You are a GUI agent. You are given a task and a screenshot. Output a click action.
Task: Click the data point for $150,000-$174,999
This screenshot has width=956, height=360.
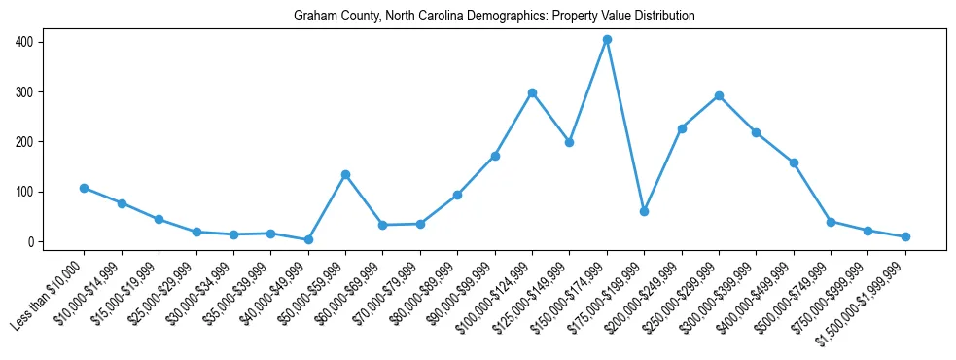pyautogui.click(x=607, y=40)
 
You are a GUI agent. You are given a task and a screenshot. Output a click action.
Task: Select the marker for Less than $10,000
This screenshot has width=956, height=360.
pyautogui.click(x=85, y=188)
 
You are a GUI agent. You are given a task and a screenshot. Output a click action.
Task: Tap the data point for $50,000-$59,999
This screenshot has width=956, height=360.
pyautogui.click(x=345, y=174)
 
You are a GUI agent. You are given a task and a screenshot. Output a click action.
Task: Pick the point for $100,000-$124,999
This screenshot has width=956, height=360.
pyautogui.click(x=532, y=92)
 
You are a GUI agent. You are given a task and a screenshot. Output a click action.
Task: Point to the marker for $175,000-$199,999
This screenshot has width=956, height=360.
pyautogui.click(x=644, y=211)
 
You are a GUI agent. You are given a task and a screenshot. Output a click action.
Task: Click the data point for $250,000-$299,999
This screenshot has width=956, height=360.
pyautogui.click(x=719, y=95)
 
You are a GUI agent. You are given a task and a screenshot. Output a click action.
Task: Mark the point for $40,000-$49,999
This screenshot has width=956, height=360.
pyautogui.click(x=308, y=239)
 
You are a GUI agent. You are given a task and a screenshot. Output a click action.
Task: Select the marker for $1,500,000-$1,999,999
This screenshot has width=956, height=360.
pyautogui.click(x=905, y=236)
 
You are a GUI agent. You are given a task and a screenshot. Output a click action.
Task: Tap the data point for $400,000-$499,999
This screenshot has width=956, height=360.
pyautogui.click(x=794, y=162)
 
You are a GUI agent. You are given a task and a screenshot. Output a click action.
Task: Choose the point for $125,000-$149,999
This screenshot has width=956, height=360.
pyautogui.click(x=569, y=142)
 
